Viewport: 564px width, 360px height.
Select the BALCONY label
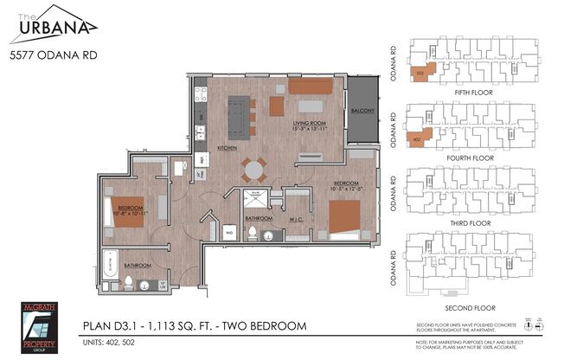(362, 112)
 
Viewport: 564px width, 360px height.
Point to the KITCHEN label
(228, 148)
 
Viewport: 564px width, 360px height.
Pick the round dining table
(252, 166)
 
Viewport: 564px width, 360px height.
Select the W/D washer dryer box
(231, 232)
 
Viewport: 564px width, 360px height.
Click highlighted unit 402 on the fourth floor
(418, 137)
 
